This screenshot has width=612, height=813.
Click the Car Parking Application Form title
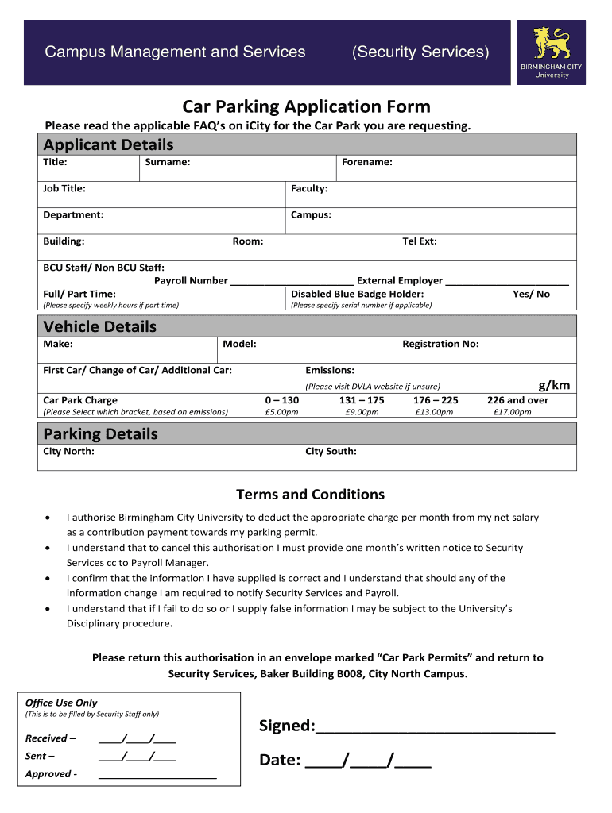[306, 106]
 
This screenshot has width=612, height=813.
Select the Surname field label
[168, 162]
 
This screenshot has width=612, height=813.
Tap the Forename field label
[367, 162]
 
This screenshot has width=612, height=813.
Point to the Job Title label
[64, 188]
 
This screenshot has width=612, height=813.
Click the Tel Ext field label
[420, 241]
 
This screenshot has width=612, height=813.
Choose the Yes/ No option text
[531, 294]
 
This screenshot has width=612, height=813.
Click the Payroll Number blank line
[292, 281]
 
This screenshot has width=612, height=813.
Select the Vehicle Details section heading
[100, 326]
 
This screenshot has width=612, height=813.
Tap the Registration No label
[440, 344]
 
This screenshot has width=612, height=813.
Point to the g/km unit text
[554, 385]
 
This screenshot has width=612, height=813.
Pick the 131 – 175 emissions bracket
[362, 400]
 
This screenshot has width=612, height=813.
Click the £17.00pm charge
[512, 412]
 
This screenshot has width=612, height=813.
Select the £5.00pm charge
[281, 412]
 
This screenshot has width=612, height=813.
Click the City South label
[331, 451]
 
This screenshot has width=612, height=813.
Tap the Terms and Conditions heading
[310, 495]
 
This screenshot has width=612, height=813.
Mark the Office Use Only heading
[61, 703]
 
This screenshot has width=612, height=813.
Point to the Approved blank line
[157, 776]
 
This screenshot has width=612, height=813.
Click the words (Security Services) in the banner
[420, 52]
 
